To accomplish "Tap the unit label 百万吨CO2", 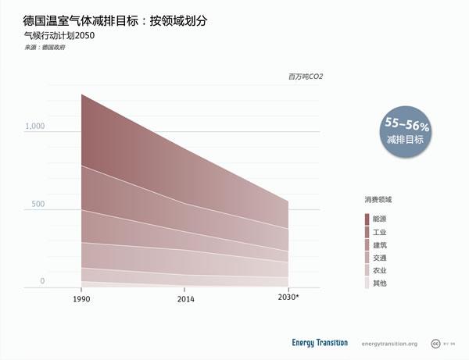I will [304, 77].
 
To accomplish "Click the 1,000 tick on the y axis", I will [34, 127].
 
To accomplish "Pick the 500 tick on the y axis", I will [38, 205].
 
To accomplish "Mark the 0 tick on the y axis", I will [43, 281].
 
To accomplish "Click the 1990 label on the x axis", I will [81, 299].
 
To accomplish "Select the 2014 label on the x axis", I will [186, 299].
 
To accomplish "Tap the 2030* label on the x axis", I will [289, 298].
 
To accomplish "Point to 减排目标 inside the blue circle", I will [405, 140].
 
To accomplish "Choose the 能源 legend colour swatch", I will [367, 219].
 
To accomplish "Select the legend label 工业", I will [380, 233].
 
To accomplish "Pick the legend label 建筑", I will [380, 245].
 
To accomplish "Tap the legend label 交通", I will [380, 258].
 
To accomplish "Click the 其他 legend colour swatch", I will [367, 283].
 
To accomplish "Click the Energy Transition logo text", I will [320, 343].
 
